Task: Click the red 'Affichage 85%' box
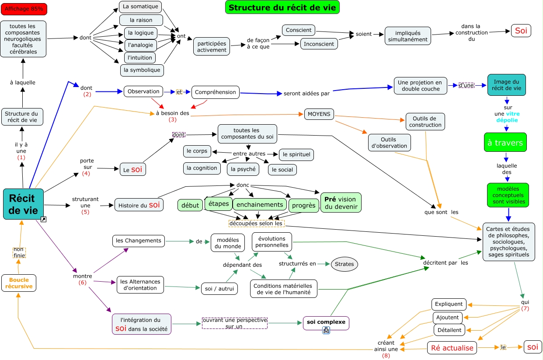[24, 9]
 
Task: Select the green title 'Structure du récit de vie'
[282, 7]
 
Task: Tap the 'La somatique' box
[140, 7]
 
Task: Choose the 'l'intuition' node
[140, 58]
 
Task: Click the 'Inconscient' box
[319, 44]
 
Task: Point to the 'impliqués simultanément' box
[408, 36]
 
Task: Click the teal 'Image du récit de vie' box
[506, 85]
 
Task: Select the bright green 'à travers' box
[505, 143]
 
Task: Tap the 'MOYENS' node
[319, 114]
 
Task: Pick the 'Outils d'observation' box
[389, 143]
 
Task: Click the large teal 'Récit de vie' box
[23, 204]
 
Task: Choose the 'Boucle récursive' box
[19, 283]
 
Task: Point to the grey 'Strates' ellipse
[344, 264]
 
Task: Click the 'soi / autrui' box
[219, 289]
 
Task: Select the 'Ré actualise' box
[452, 348]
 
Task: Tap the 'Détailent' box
[449, 330]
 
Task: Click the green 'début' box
[190, 205]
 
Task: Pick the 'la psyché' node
[243, 169]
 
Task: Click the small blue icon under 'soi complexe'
[326, 330]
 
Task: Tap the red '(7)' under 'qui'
[525, 308]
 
